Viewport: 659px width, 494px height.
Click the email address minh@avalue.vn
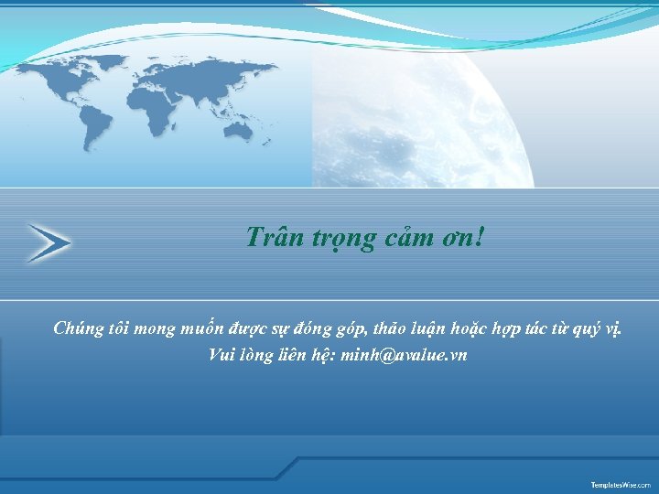[x=403, y=355]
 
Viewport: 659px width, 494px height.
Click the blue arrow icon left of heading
[x=49, y=242]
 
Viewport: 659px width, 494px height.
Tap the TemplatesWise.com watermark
[x=620, y=483]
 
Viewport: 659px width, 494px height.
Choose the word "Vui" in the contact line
[x=222, y=355]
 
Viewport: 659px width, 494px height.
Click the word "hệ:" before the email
[x=319, y=355]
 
